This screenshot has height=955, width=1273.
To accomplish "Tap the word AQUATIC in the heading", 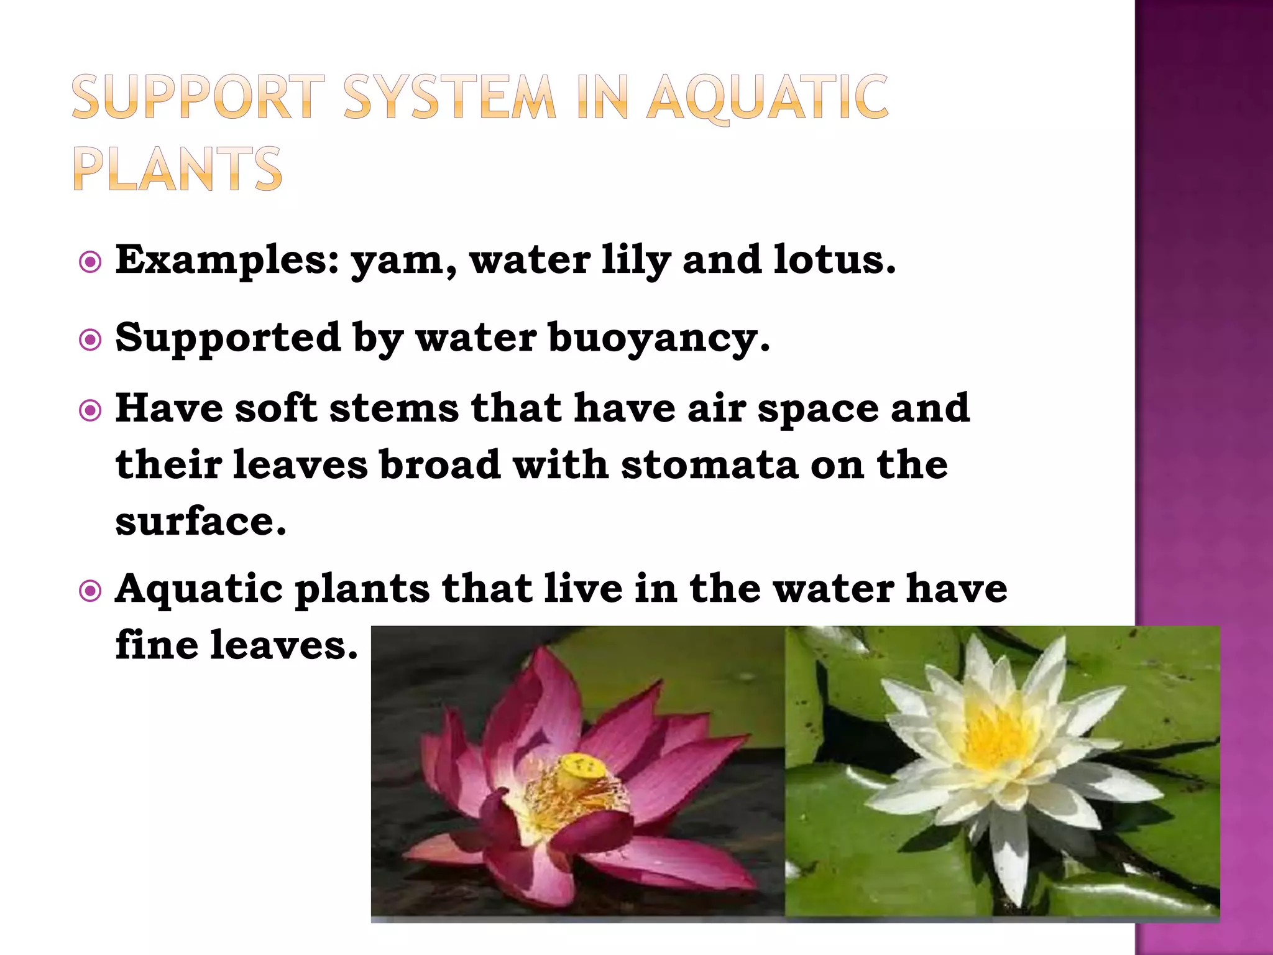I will point(767,98).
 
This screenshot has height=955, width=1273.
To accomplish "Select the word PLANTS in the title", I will point(178,168).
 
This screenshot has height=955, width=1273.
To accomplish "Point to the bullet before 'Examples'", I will point(91,262).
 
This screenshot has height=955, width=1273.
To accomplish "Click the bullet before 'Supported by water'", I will point(91,340).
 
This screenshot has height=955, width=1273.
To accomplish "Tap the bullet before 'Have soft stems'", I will point(91,411).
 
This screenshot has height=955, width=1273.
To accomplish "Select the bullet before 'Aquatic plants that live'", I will point(91,591).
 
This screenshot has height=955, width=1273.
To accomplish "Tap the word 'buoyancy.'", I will point(659,339).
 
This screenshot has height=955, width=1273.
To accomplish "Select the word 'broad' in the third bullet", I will point(440,464).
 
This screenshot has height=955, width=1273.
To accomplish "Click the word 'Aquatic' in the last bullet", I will point(199,589).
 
